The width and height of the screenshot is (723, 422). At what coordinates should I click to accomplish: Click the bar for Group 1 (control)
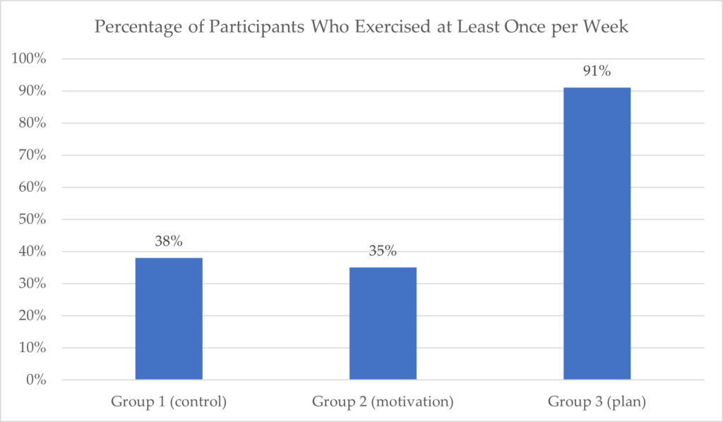pyautogui.click(x=169, y=319)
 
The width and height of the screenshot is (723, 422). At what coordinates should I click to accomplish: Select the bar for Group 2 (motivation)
pyautogui.click(x=383, y=323)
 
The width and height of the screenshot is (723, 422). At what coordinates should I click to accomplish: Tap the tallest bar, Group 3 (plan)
pyautogui.click(x=597, y=234)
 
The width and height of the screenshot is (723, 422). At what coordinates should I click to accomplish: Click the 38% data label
pyautogui.click(x=169, y=241)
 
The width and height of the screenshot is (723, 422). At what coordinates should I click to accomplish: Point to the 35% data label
pyautogui.click(x=383, y=251)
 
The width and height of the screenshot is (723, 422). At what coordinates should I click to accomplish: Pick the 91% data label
pyautogui.click(x=597, y=71)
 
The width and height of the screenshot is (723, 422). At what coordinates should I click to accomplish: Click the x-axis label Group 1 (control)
pyautogui.click(x=169, y=402)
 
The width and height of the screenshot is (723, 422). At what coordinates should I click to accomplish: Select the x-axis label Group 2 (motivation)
pyautogui.click(x=383, y=402)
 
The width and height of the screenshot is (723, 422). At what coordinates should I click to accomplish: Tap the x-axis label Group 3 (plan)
pyautogui.click(x=597, y=402)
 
